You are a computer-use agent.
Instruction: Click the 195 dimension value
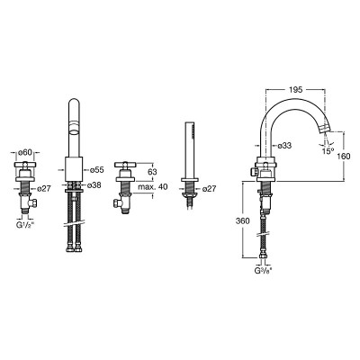tap(295, 89)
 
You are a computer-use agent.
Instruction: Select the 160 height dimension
tap(344, 156)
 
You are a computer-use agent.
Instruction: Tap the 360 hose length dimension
tap(243, 221)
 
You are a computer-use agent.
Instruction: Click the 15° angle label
tap(328, 151)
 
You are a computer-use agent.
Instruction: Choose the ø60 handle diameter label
tap(24, 152)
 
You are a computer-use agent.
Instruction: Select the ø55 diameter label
tap(97, 170)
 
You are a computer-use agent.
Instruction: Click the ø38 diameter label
tap(94, 185)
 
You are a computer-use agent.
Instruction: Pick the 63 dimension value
tap(152, 172)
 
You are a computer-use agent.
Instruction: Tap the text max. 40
tap(153, 187)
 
